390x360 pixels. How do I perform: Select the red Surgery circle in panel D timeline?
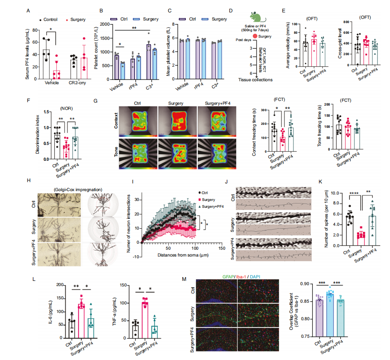coord(255,37)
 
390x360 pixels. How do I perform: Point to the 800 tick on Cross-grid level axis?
coord(340,21)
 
